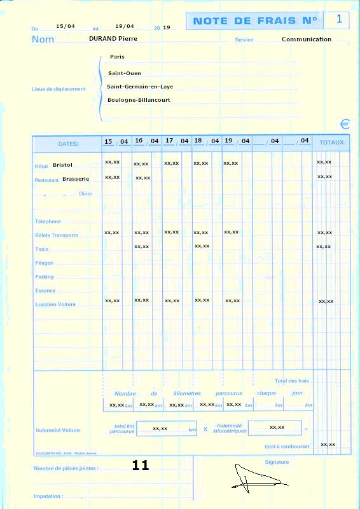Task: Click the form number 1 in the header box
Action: point(339,20)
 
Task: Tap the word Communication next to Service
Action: point(307,39)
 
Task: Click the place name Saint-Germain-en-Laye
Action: point(140,87)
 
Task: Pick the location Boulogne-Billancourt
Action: point(139,100)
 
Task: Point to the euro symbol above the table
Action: point(345,124)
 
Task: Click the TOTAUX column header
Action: point(331,143)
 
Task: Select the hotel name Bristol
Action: point(63,165)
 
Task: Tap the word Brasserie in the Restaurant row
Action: point(76,179)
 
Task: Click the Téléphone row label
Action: point(48,221)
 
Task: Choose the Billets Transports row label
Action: point(57,235)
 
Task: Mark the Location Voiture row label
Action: point(55,304)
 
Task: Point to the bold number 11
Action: point(141,465)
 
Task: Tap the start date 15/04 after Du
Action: point(65,26)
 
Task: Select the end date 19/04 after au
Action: point(125,26)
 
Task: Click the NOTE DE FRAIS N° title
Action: point(254,21)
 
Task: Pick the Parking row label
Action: point(45,277)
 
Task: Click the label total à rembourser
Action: point(287,446)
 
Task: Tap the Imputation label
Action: point(48,496)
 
